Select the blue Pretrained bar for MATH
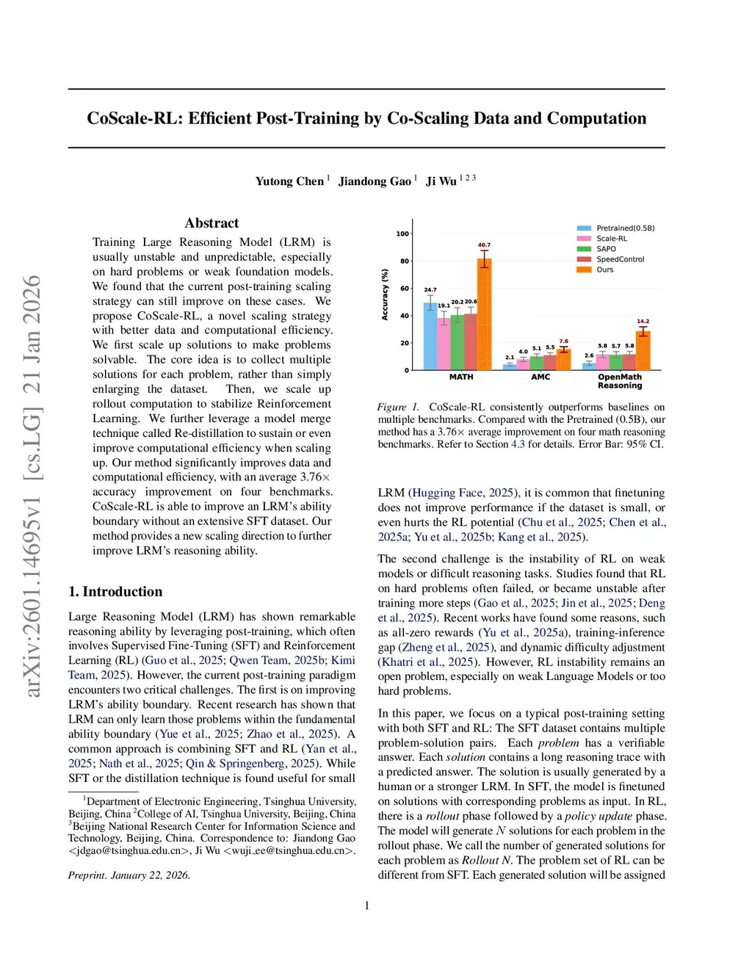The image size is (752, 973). [430, 336]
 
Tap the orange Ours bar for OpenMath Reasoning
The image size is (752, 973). [643, 350]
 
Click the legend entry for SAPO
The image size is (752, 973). [606, 249]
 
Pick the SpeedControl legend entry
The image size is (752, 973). [620, 259]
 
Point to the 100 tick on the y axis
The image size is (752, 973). [402, 234]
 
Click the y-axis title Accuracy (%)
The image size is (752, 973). [385, 294]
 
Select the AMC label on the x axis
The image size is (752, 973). [540, 377]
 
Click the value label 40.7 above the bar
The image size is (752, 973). [484, 245]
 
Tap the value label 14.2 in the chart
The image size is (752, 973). [643, 322]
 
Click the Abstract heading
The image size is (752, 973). [211, 223]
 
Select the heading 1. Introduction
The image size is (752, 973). [115, 592]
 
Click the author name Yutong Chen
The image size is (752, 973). [289, 181]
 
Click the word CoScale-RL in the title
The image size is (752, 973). [133, 119]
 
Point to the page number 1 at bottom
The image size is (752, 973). [367, 905]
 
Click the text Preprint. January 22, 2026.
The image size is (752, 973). [129, 875]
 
